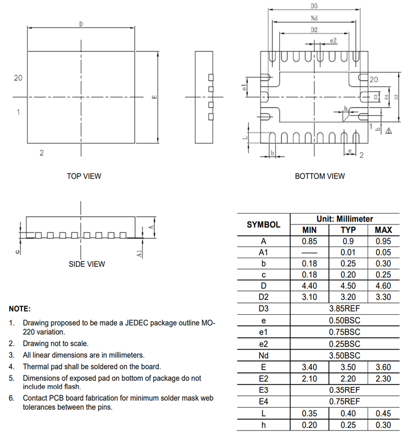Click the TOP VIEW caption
[84, 176]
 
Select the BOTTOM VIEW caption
[320, 176]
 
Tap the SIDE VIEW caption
[87, 264]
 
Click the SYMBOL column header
[263, 224]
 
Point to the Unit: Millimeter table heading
[344, 219]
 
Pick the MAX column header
[383, 230]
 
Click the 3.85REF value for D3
[344, 309]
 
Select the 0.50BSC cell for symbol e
[344, 321]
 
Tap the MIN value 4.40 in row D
[309, 286]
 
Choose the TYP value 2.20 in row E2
[348, 379]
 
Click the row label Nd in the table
[263, 356]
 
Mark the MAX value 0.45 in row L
[383, 414]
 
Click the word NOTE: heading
[20, 309]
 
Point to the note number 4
[11, 367]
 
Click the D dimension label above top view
[81, 24]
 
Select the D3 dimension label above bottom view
[314, 6]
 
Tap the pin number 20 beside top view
[18, 78]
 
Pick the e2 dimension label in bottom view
[333, 40]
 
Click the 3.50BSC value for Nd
[344, 356]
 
